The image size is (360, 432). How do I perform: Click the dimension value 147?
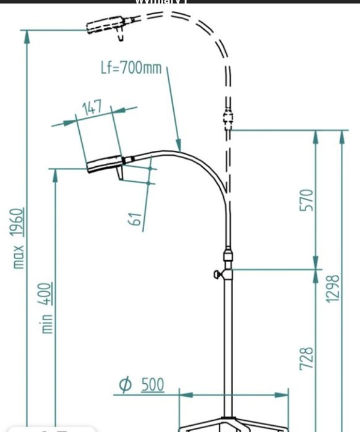[92, 108]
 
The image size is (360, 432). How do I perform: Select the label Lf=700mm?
[131, 67]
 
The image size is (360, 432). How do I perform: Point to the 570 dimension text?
[307, 200]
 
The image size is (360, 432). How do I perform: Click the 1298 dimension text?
[334, 288]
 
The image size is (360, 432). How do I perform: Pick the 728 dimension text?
[307, 358]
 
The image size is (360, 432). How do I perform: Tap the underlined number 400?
[47, 294]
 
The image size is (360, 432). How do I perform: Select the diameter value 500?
[152, 384]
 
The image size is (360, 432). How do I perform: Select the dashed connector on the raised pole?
[228, 116]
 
